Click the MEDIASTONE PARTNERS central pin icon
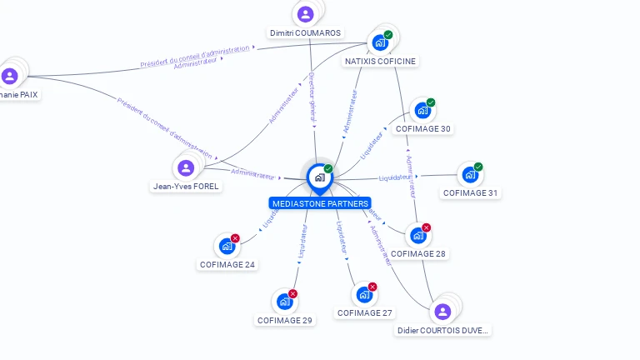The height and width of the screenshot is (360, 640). [318, 177]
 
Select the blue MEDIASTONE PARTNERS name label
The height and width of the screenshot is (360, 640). [320, 203]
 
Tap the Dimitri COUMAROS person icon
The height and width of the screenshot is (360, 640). [306, 14]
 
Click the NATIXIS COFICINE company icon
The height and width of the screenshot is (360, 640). [380, 42]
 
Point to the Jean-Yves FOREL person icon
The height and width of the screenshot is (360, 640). [186, 168]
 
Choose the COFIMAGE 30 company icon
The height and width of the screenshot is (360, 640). [422, 110]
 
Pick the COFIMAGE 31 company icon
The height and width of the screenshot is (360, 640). [470, 175]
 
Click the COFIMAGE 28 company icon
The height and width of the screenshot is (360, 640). [418, 236]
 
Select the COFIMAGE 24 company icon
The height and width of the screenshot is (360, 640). [227, 246]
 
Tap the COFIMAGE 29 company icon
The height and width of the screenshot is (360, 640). [284, 302]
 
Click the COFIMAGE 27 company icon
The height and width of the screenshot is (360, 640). [364, 294]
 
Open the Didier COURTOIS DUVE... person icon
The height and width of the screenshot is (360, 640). [442, 312]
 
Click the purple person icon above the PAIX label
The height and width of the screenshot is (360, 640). [10, 76]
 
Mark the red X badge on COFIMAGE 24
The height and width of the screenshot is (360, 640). [235, 238]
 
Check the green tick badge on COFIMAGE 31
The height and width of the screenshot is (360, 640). [478, 167]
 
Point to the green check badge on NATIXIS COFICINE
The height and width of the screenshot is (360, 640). [388, 35]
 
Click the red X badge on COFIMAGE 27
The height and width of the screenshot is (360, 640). [372, 287]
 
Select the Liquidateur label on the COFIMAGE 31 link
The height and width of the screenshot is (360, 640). [395, 177]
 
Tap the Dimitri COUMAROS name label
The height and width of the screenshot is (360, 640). [305, 33]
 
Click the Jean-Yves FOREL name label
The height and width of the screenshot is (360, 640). [186, 187]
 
